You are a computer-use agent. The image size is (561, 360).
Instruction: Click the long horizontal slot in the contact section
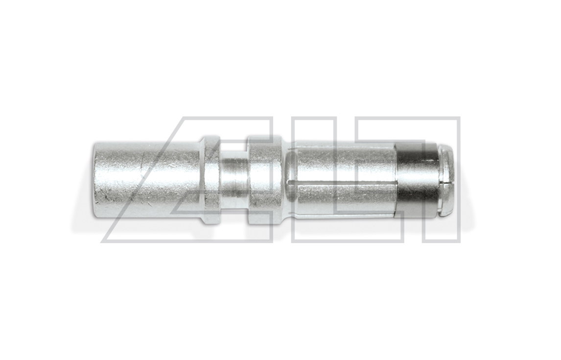344,184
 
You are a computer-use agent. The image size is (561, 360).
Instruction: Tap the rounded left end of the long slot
291,184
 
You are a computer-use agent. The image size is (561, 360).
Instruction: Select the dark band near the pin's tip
417,180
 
